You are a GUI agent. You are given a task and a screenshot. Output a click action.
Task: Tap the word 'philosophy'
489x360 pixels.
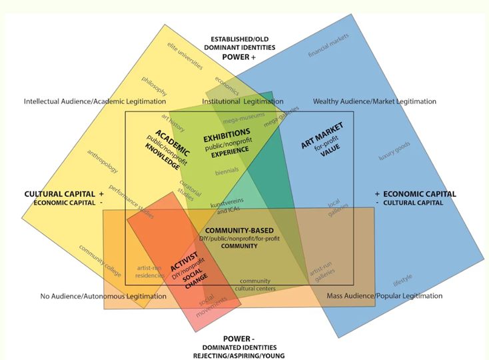point(155,87)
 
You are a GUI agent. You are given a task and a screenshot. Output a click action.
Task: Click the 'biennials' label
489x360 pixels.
point(227,171)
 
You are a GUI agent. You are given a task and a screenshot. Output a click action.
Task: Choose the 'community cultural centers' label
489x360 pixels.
point(254,285)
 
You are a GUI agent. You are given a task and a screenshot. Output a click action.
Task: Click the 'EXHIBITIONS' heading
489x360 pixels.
point(227,133)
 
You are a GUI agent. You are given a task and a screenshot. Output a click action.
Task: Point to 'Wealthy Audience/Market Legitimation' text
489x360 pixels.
point(374,102)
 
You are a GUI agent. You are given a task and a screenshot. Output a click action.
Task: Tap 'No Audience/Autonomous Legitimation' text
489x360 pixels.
point(103,296)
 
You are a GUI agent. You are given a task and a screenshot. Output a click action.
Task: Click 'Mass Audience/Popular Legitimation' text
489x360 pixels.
point(384,296)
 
